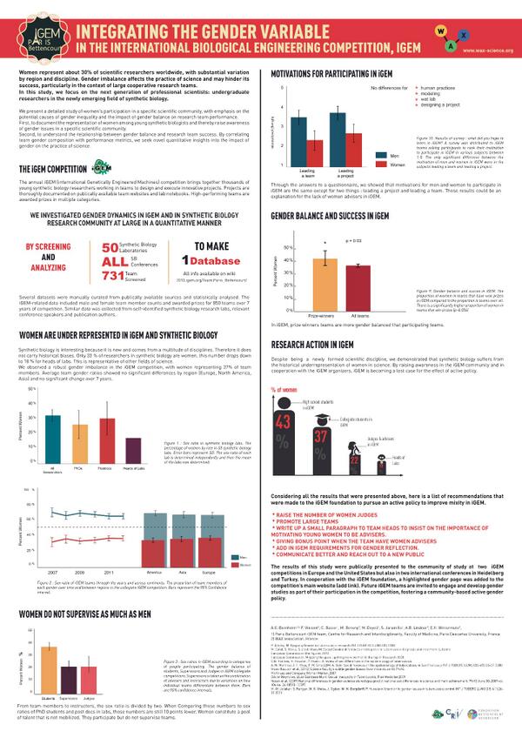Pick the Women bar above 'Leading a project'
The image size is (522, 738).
354,149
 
